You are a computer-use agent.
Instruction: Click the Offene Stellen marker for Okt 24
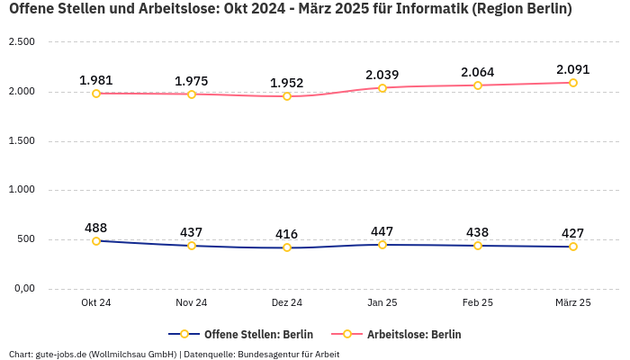96,241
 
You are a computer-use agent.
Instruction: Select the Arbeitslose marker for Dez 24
287,96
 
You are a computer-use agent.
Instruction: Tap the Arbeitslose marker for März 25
573,83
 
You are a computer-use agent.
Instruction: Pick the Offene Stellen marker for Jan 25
382,245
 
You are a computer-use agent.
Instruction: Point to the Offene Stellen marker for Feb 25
478,246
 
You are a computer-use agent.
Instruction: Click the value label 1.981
96,80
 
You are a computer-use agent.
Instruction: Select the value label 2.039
382,75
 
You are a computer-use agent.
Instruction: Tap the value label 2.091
573,69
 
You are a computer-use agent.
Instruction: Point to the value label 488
96,228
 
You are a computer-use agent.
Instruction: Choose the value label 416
287,234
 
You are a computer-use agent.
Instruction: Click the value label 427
573,233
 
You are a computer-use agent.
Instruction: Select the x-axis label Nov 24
192,302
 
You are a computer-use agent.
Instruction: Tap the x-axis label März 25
573,302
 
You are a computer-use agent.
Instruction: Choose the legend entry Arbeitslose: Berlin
414,334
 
